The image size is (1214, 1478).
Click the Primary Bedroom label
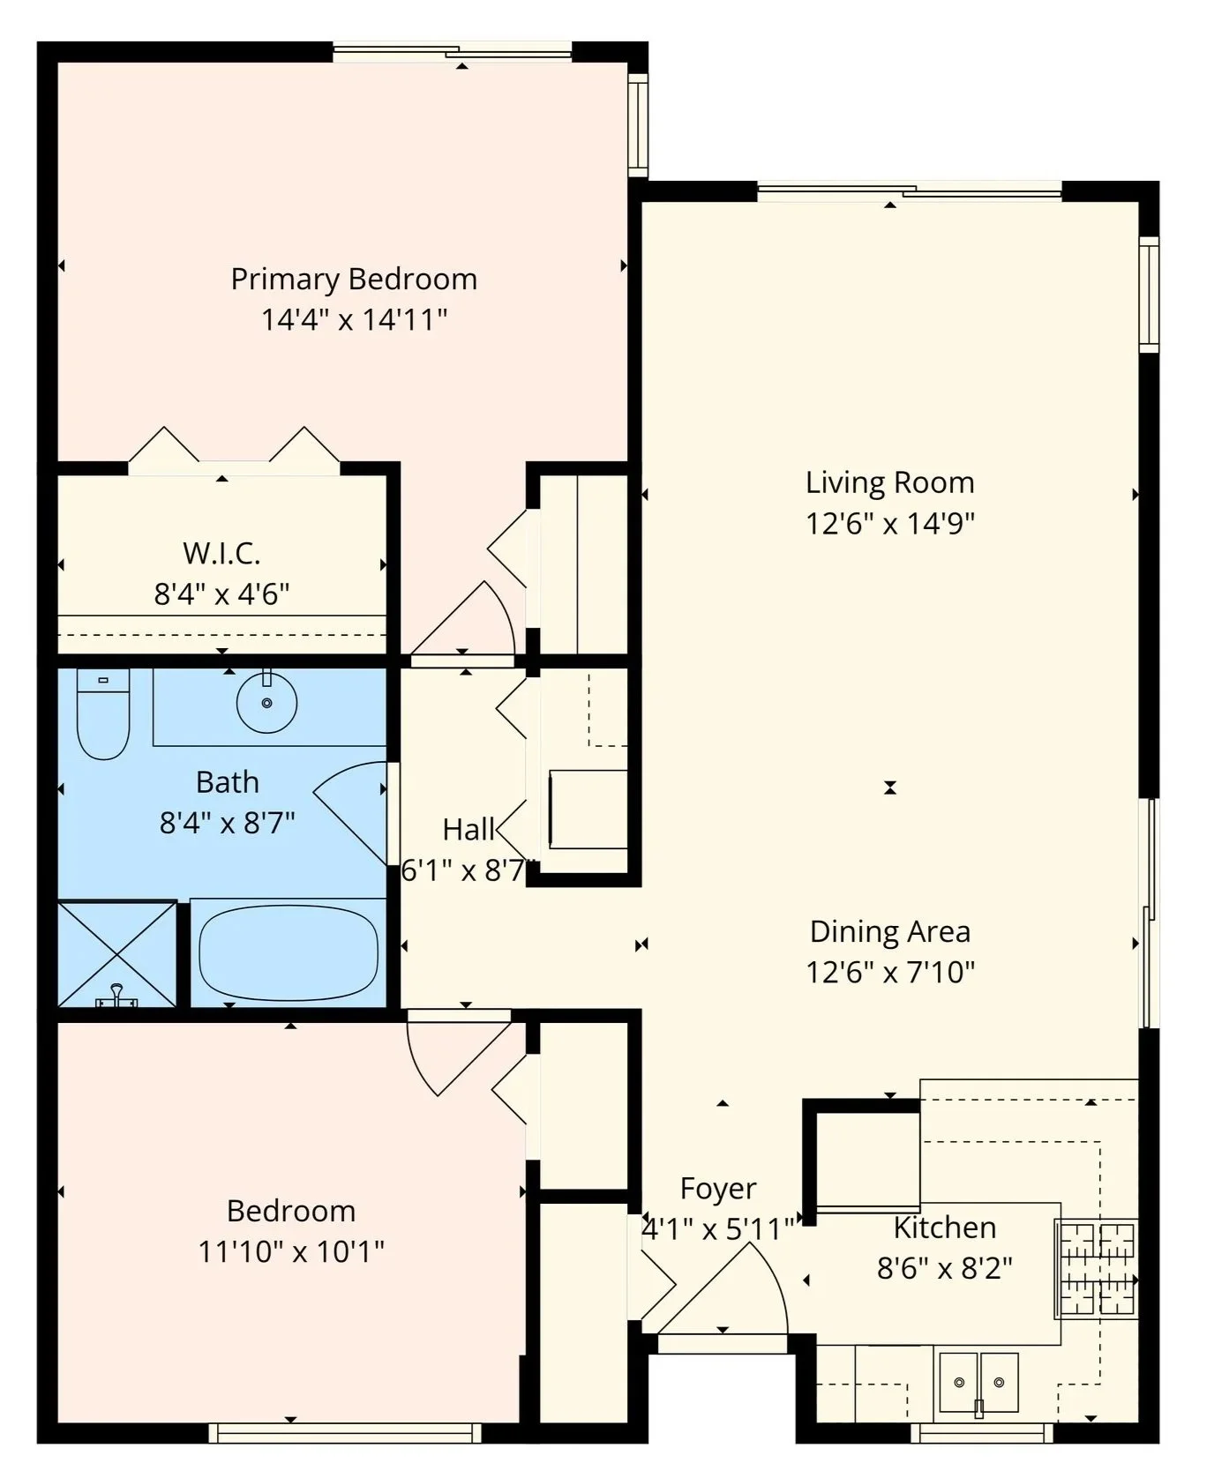[x=354, y=280]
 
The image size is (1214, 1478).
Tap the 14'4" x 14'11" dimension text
[x=354, y=319]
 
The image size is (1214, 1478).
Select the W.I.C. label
[x=221, y=553]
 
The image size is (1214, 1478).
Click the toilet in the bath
[x=103, y=713]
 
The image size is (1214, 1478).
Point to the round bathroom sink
[x=266, y=702]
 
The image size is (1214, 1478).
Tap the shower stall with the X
[x=117, y=953]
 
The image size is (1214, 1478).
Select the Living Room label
[x=890, y=482]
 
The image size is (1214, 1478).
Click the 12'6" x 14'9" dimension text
[x=890, y=524]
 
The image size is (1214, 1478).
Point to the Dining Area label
[x=890, y=931]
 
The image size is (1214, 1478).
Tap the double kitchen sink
[x=978, y=1382]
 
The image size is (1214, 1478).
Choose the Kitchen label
[x=945, y=1228]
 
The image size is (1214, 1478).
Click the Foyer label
[x=718, y=1189]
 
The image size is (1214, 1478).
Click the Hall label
[x=468, y=830]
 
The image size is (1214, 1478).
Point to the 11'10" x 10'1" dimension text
[x=291, y=1251]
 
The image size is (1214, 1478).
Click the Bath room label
[x=228, y=782]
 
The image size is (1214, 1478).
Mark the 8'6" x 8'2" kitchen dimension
[x=945, y=1269]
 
